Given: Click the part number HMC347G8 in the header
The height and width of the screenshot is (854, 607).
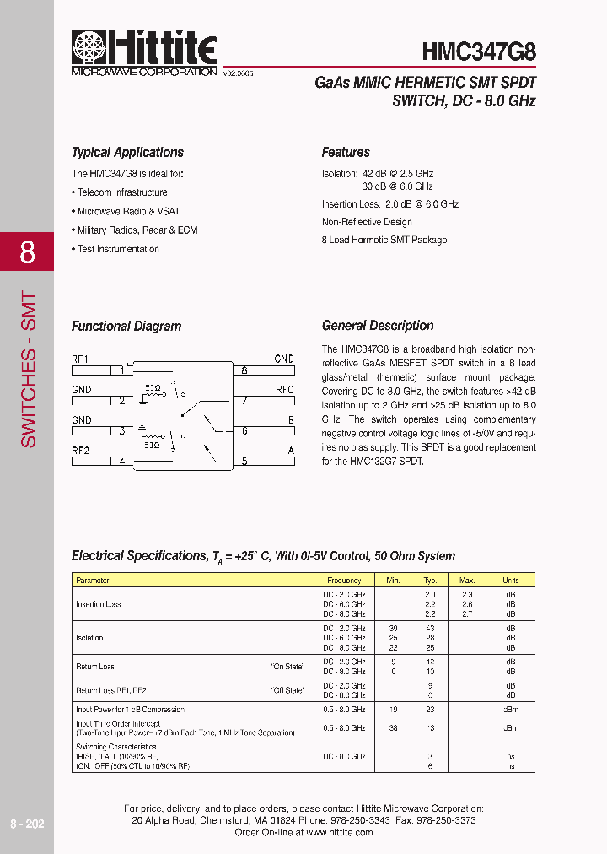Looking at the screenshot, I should click(479, 52).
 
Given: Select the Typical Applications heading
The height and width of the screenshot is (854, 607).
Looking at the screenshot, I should click(127, 153).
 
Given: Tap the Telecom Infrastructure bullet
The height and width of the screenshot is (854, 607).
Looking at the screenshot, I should click(121, 192).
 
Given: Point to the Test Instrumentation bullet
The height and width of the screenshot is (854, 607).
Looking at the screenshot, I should click(116, 249).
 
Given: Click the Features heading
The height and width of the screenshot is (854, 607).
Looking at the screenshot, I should click(346, 153).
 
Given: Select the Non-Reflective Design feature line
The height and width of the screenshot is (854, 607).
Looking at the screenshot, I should click(367, 222).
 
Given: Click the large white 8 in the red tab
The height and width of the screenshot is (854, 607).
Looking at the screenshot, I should click(27, 251).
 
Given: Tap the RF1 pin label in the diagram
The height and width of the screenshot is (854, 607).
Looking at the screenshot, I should click(80, 359).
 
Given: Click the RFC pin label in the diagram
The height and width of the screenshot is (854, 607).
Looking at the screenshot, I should click(284, 390).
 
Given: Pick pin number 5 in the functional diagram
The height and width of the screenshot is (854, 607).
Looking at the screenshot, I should click(244, 462).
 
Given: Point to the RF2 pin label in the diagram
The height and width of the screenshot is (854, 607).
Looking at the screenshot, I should click(80, 451).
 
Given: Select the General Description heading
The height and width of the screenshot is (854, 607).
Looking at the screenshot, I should click(378, 326).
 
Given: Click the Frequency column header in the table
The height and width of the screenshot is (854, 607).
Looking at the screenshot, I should click(344, 581).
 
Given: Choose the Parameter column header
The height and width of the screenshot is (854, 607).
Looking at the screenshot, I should click(93, 581).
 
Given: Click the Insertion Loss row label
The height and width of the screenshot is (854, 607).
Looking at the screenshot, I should click(98, 604).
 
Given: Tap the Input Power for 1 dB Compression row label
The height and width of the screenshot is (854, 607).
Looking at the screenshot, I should click(130, 710).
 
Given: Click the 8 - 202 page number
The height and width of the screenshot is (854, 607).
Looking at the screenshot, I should click(26, 824).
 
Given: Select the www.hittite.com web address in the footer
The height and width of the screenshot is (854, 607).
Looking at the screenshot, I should click(340, 832).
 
